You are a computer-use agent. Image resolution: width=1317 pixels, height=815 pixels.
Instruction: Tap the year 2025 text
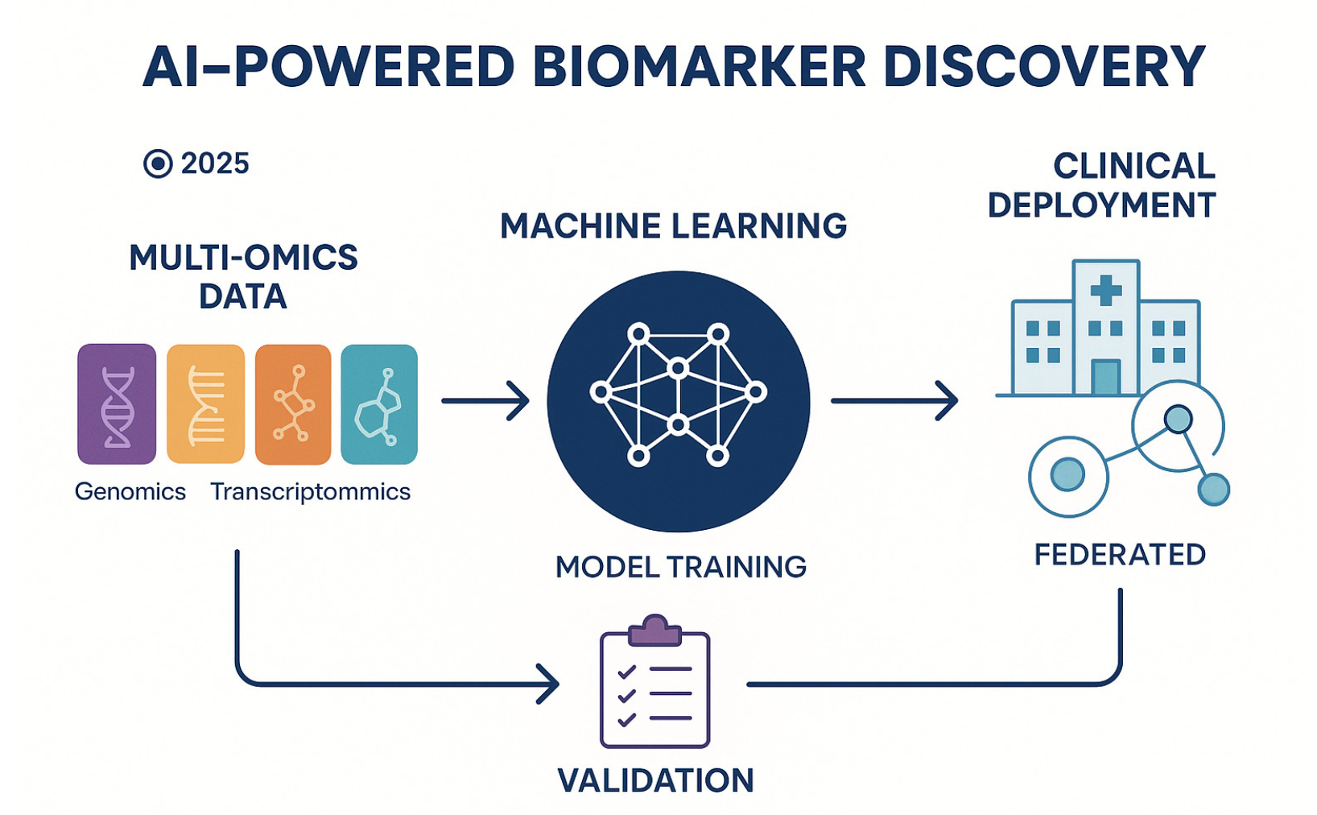click(215, 163)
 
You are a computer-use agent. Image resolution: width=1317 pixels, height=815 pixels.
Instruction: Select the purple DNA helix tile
click(117, 404)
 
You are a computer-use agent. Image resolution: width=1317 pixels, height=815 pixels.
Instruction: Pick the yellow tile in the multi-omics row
click(206, 404)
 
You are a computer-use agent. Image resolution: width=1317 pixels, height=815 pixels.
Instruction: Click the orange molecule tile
click(293, 404)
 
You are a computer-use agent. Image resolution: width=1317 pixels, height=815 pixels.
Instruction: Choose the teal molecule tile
click(379, 404)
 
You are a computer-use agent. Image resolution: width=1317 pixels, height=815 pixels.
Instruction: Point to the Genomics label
click(130, 491)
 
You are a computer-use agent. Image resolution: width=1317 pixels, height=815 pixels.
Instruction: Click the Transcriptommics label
click(311, 491)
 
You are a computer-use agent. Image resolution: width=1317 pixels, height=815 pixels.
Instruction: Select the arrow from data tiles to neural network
click(485, 401)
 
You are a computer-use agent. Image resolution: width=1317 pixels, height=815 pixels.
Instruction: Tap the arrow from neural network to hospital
click(894, 401)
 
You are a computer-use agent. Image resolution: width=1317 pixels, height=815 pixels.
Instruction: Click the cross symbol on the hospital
click(1106, 290)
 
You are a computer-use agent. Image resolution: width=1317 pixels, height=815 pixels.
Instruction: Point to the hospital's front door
click(1106, 377)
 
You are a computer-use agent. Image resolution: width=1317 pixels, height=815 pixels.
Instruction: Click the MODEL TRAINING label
click(681, 567)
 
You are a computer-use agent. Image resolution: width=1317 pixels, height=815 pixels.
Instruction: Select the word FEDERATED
click(1120, 555)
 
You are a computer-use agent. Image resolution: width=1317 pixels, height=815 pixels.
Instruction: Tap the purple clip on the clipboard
click(655, 631)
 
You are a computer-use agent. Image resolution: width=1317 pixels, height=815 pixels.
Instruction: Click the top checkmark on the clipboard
click(627, 671)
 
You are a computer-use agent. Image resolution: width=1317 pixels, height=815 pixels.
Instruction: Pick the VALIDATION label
click(655, 780)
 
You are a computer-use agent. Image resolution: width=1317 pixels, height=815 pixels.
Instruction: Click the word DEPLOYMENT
click(1101, 205)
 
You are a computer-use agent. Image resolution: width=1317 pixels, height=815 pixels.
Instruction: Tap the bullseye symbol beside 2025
click(158, 163)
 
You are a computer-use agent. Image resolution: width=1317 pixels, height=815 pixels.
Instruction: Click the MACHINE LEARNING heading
click(673, 225)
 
